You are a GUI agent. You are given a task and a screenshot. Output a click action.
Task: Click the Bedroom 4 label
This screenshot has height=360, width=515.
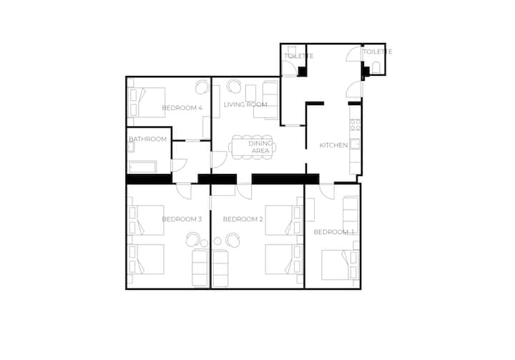tap(182, 108)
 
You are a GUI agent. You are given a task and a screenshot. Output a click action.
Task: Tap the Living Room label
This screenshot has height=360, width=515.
tap(245, 104)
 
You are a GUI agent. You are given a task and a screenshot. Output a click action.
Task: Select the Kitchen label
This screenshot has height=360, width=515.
tap(334, 145)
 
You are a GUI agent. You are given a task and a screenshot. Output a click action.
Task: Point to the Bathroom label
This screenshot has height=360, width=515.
tap(148, 139)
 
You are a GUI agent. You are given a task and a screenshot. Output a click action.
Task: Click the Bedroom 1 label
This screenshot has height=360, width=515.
tap(334, 232)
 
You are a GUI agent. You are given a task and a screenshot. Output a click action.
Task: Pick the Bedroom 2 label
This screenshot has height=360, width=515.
tap(243, 219)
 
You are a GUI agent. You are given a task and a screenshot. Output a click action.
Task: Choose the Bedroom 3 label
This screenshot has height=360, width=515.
tap(182, 219)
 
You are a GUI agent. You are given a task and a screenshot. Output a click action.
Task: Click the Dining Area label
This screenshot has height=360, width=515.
tap(260, 147)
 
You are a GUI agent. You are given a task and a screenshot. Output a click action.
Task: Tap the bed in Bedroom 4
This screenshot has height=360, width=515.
tap(147, 102)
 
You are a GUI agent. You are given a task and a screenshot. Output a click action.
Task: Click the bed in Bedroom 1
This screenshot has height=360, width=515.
tap(340, 265)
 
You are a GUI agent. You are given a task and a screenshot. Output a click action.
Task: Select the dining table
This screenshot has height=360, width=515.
tap(252, 147)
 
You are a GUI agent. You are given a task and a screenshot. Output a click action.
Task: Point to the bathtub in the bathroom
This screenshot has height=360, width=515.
tap(143, 167)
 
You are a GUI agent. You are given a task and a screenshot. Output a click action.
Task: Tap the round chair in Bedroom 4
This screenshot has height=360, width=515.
tap(202, 87)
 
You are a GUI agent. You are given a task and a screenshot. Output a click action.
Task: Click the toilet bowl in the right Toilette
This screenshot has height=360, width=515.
tap(376, 67)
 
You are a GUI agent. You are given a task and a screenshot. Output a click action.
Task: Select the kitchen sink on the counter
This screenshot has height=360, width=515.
tap(355, 145)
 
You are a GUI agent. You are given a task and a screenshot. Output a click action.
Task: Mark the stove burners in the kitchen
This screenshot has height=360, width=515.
tap(355, 125)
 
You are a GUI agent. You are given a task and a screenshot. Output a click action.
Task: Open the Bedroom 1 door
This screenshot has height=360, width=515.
tap(327, 191)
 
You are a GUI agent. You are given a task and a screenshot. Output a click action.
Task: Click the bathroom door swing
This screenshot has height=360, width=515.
tap(179, 165)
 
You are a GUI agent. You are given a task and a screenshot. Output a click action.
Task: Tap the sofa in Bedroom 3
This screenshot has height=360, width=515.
tap(200, 268)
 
